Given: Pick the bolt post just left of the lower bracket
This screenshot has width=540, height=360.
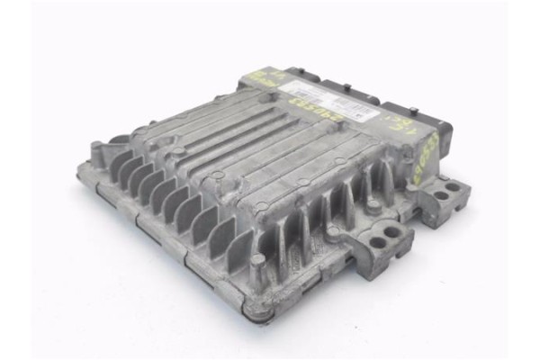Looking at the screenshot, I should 334,236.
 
